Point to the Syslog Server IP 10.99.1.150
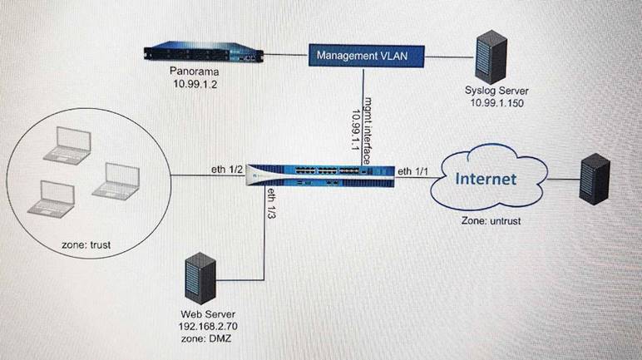(496, 103)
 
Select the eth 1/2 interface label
(226, 170)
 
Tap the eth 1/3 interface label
(271, 204)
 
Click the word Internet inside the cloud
(486, 178)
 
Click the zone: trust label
(87, 245)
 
